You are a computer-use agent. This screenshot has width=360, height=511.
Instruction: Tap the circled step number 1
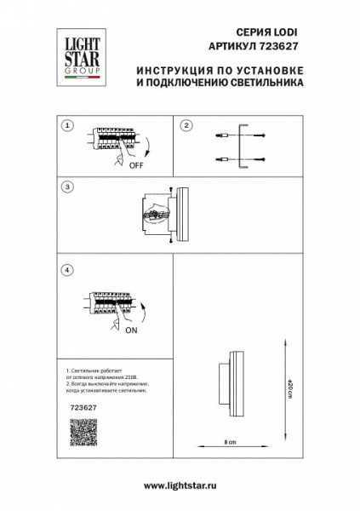[67, 125]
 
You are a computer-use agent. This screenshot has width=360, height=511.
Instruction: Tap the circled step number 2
[184, 125]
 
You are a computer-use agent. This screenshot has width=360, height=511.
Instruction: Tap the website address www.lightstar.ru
[180, 484]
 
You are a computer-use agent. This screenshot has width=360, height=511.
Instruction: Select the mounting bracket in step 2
[247, 146]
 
